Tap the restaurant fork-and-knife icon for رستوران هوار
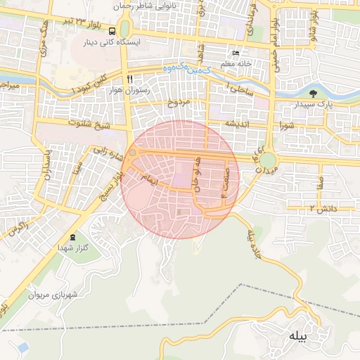click(x=128, y=78)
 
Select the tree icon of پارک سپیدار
click(x=313, y=93)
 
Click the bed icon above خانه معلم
click(x=236, y=53)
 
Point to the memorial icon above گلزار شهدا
click(x=74, y=236)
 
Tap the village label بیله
click(x=297, y=337)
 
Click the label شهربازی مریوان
click(x=51, y=295)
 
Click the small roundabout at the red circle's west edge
click(x=131, y=151)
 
